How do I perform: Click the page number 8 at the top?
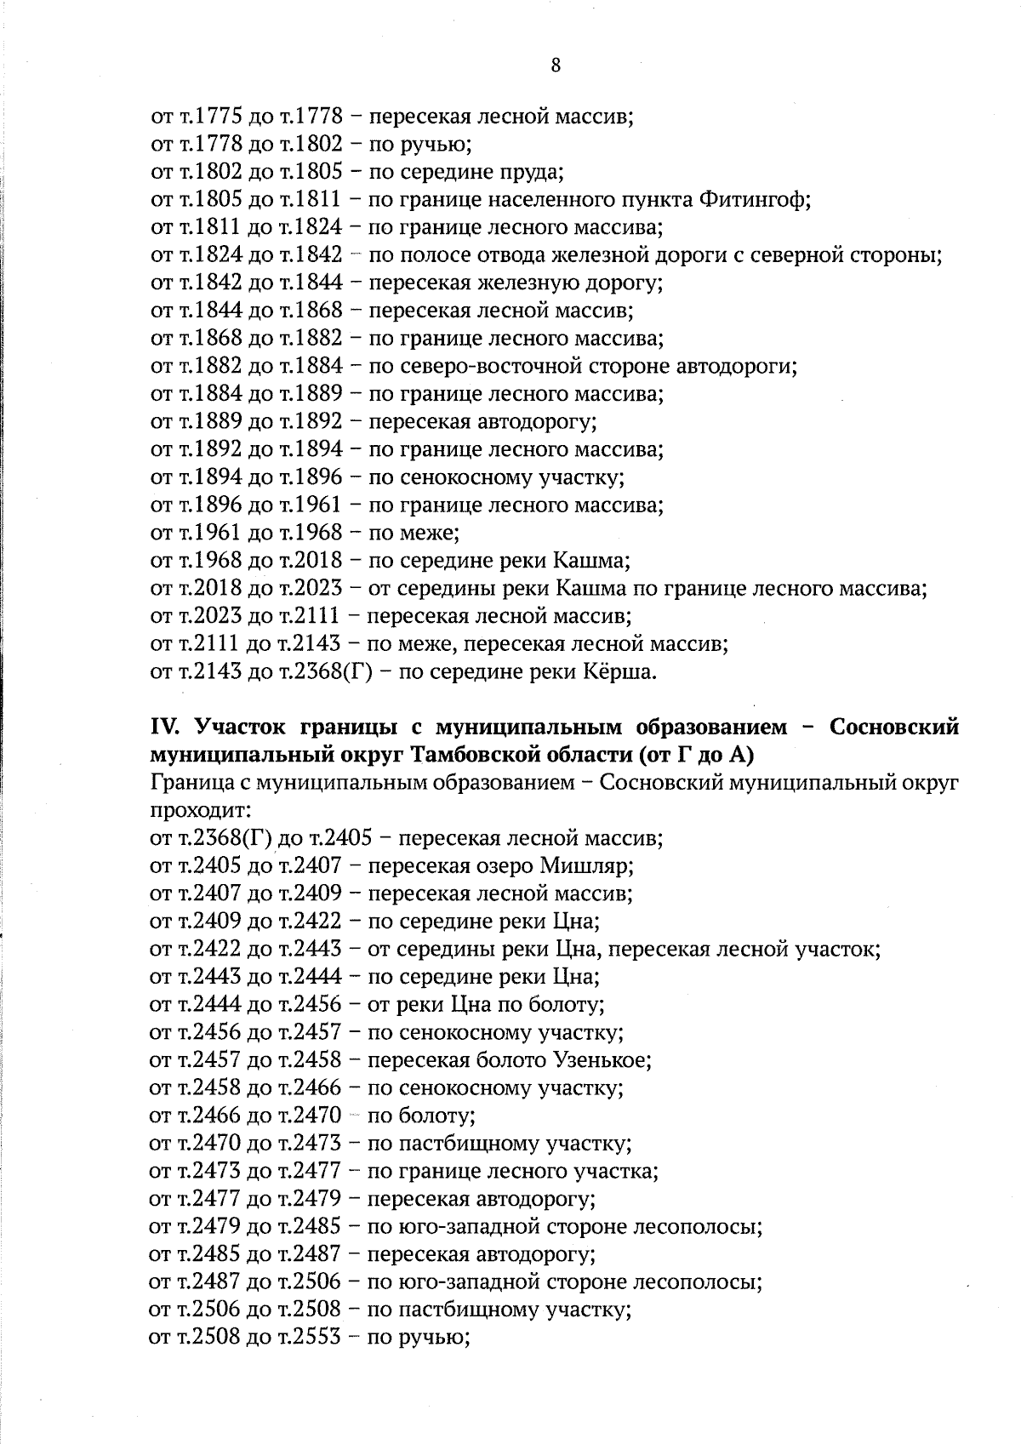coord(556,66)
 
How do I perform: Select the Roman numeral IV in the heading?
coord(163,728)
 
